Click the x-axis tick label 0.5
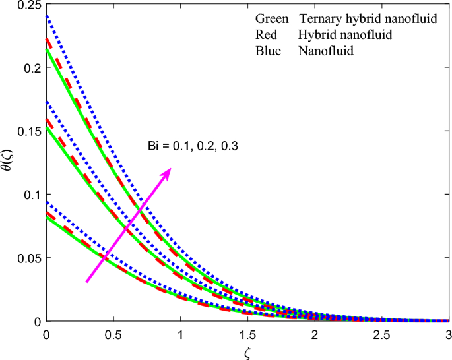(113, 334)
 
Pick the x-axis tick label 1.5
(247, 334)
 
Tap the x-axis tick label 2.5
(381, 334)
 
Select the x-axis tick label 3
(449, 334)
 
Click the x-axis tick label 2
(314, 334)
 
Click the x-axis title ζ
(247, 351)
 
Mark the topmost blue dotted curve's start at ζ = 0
(46, 16)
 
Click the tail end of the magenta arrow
(86, 282)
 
